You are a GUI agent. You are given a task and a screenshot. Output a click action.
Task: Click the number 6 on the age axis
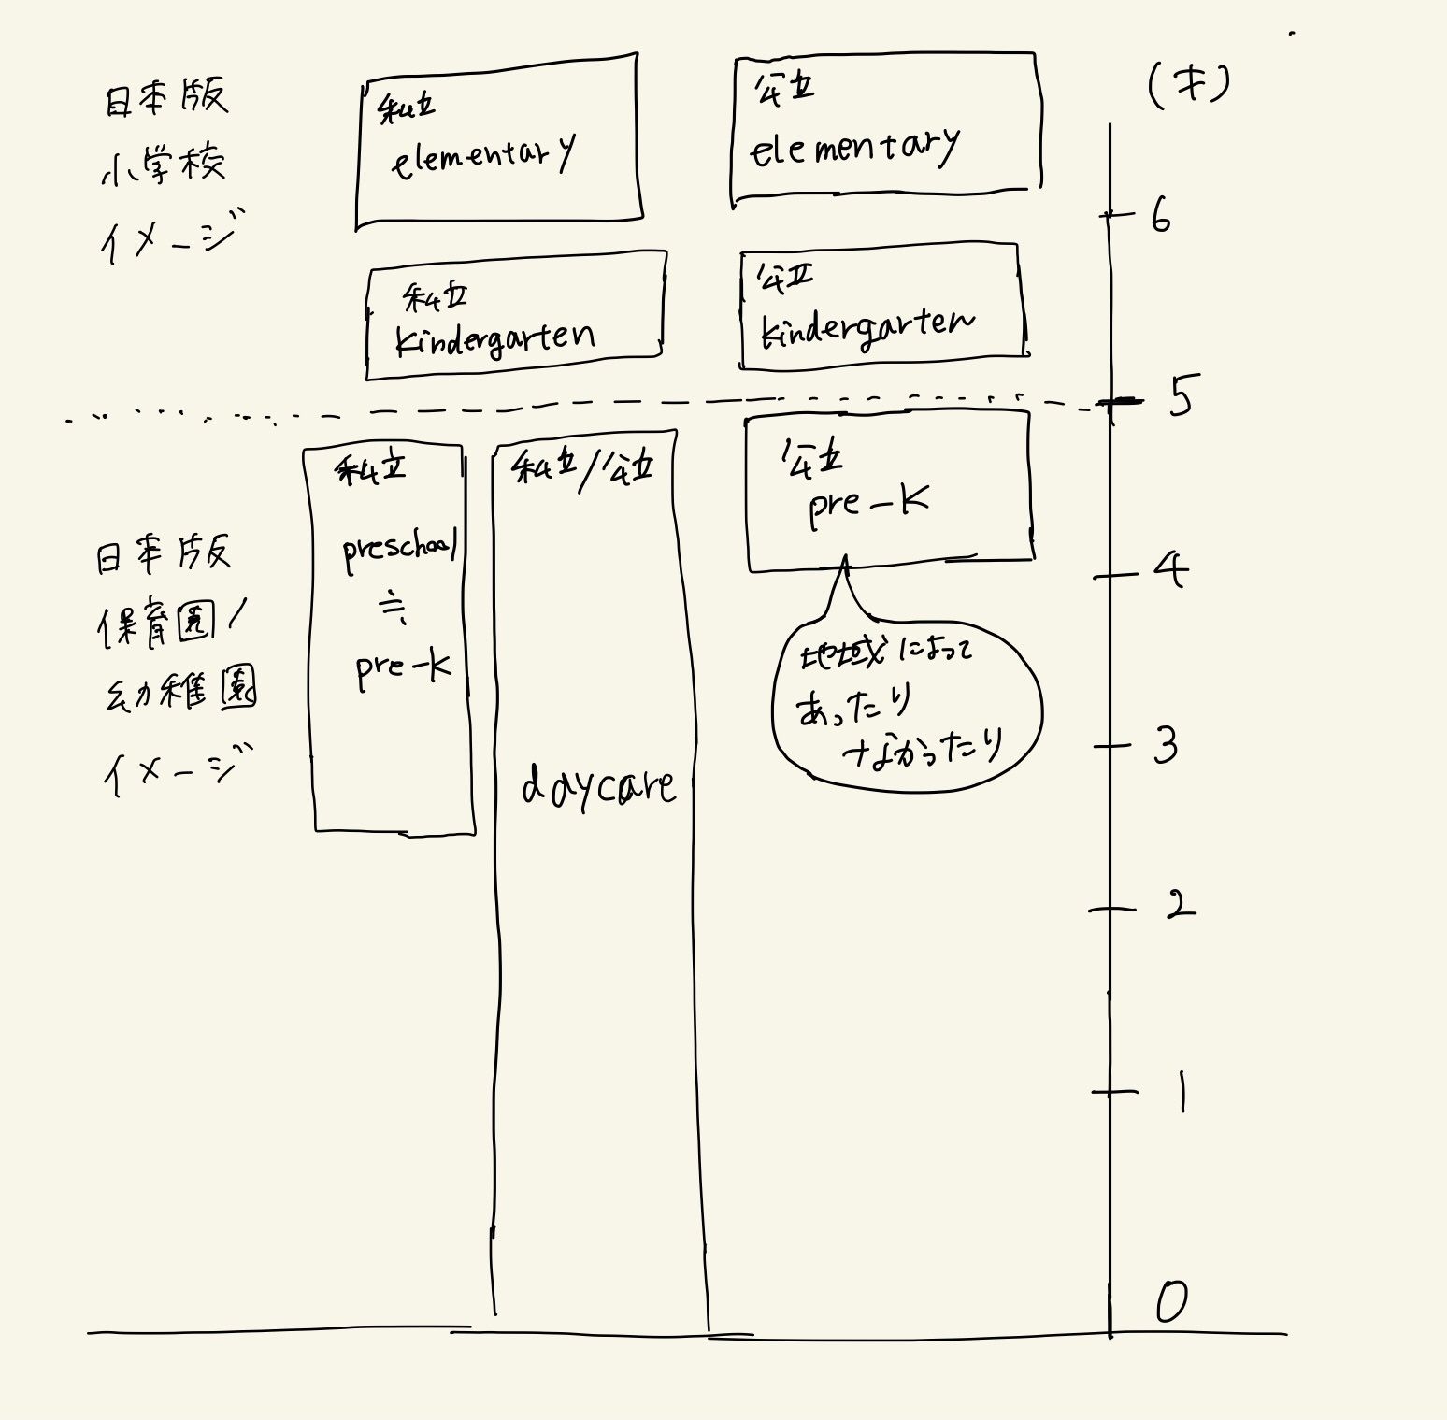1160,217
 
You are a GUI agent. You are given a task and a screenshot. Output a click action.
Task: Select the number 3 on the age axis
1165,745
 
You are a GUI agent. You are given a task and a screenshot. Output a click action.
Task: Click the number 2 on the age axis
1180,904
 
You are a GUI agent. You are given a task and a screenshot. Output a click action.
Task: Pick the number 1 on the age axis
1182,1091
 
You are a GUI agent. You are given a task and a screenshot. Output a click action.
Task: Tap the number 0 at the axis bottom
1171,1301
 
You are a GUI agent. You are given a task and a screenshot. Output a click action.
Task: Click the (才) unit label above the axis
1188,86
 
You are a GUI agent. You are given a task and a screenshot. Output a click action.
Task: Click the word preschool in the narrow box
399,550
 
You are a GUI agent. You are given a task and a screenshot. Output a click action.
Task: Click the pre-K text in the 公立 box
868,507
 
